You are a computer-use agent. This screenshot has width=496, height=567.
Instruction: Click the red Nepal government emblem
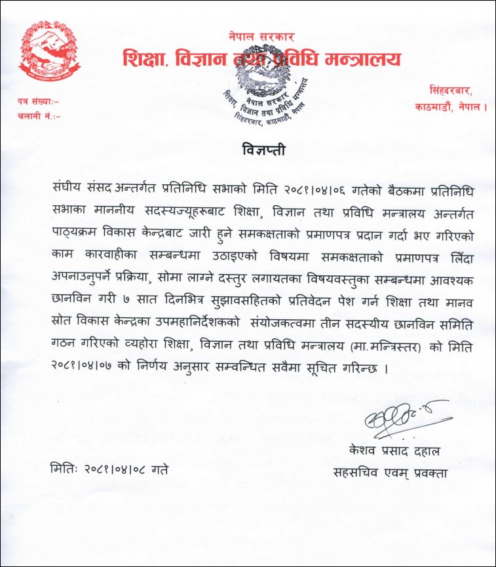point(47,56)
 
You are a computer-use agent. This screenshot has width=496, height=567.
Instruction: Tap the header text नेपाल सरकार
point(261,37)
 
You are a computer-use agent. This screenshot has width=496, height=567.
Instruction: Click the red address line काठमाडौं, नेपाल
point(451,106)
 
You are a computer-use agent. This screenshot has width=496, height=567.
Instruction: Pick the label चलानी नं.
point(38,116)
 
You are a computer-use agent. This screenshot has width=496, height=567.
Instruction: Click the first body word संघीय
point(69,185)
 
